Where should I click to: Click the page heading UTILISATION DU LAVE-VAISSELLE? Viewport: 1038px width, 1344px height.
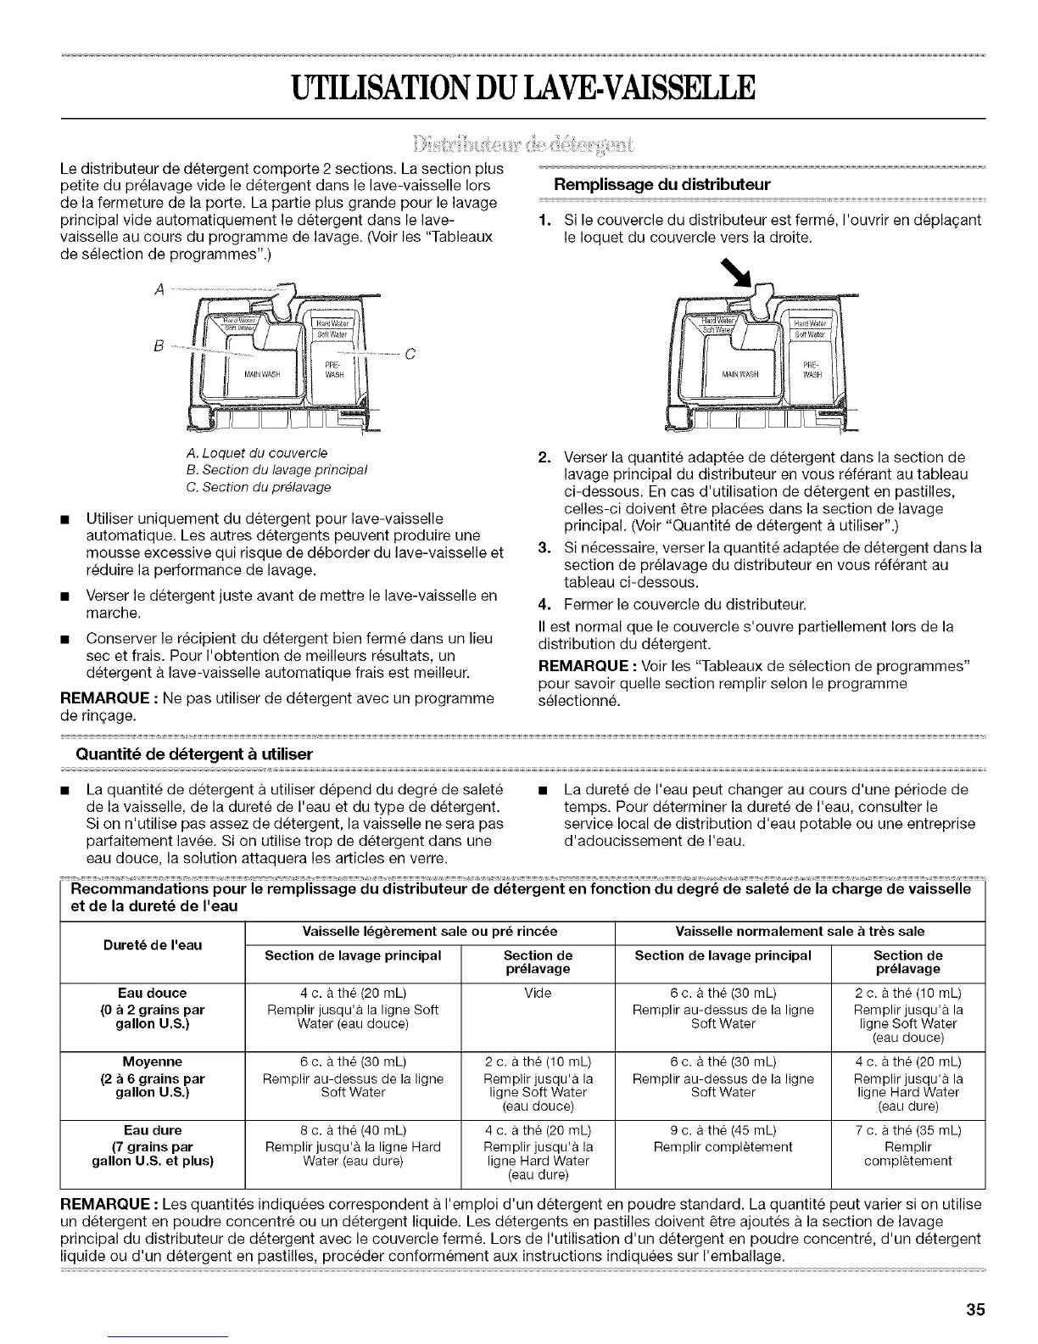519,87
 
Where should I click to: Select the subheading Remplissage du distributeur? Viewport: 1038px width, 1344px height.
661,184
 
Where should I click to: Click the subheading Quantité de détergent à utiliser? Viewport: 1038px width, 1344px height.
194,754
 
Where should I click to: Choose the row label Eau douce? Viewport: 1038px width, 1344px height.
153,993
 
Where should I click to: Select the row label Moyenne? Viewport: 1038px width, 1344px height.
153,1061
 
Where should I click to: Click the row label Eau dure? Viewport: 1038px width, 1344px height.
153,1130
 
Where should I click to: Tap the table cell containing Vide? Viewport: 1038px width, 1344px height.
538,993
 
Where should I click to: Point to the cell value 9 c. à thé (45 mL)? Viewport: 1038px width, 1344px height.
723,1130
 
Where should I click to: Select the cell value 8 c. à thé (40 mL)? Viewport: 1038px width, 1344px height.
353,1130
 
